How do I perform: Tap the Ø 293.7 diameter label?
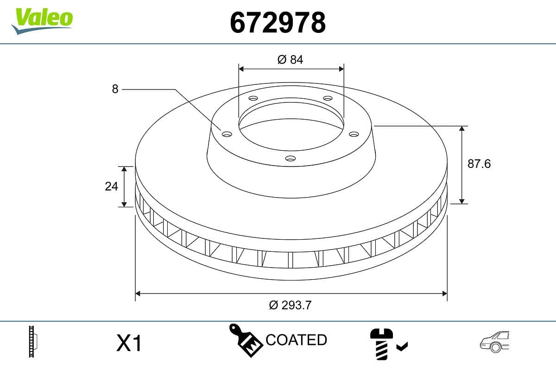(291, 305)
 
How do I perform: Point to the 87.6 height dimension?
(479, 164)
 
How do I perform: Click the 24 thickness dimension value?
(112, 186)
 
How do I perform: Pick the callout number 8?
(115, 89)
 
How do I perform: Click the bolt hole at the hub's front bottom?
(291, 158)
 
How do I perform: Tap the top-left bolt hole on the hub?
(253, 98)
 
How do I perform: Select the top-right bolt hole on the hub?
(328, 98)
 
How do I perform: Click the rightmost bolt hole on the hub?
(354, 134)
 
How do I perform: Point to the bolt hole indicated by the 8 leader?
(227, 134)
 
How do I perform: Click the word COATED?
(296, 340)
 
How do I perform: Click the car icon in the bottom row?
(494, 342)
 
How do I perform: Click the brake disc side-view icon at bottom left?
(33, 342)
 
